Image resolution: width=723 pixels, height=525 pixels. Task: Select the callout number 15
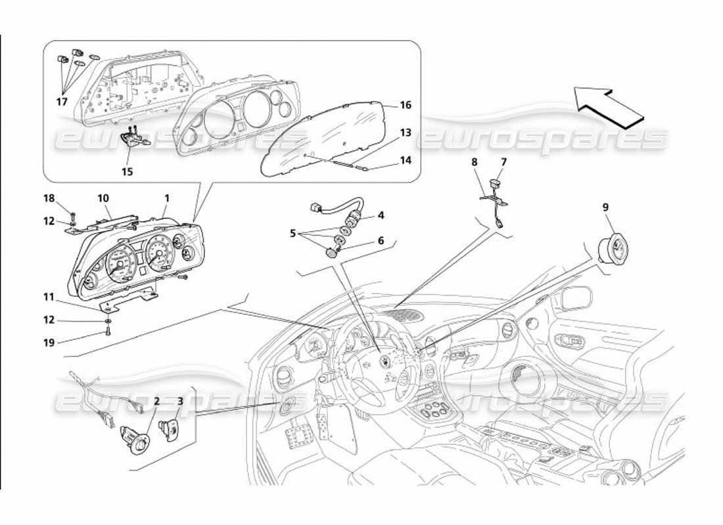(x=127, y=171)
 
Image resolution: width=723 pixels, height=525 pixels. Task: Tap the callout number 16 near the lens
(x=405, y=105)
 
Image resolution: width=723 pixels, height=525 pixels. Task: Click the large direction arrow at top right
(x=608, y=103)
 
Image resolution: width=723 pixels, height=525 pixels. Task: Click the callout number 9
(x=605, y=207)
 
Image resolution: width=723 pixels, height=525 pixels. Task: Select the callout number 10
(x=103, y=198)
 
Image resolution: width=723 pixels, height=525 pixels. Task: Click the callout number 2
(x=156, y=401)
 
